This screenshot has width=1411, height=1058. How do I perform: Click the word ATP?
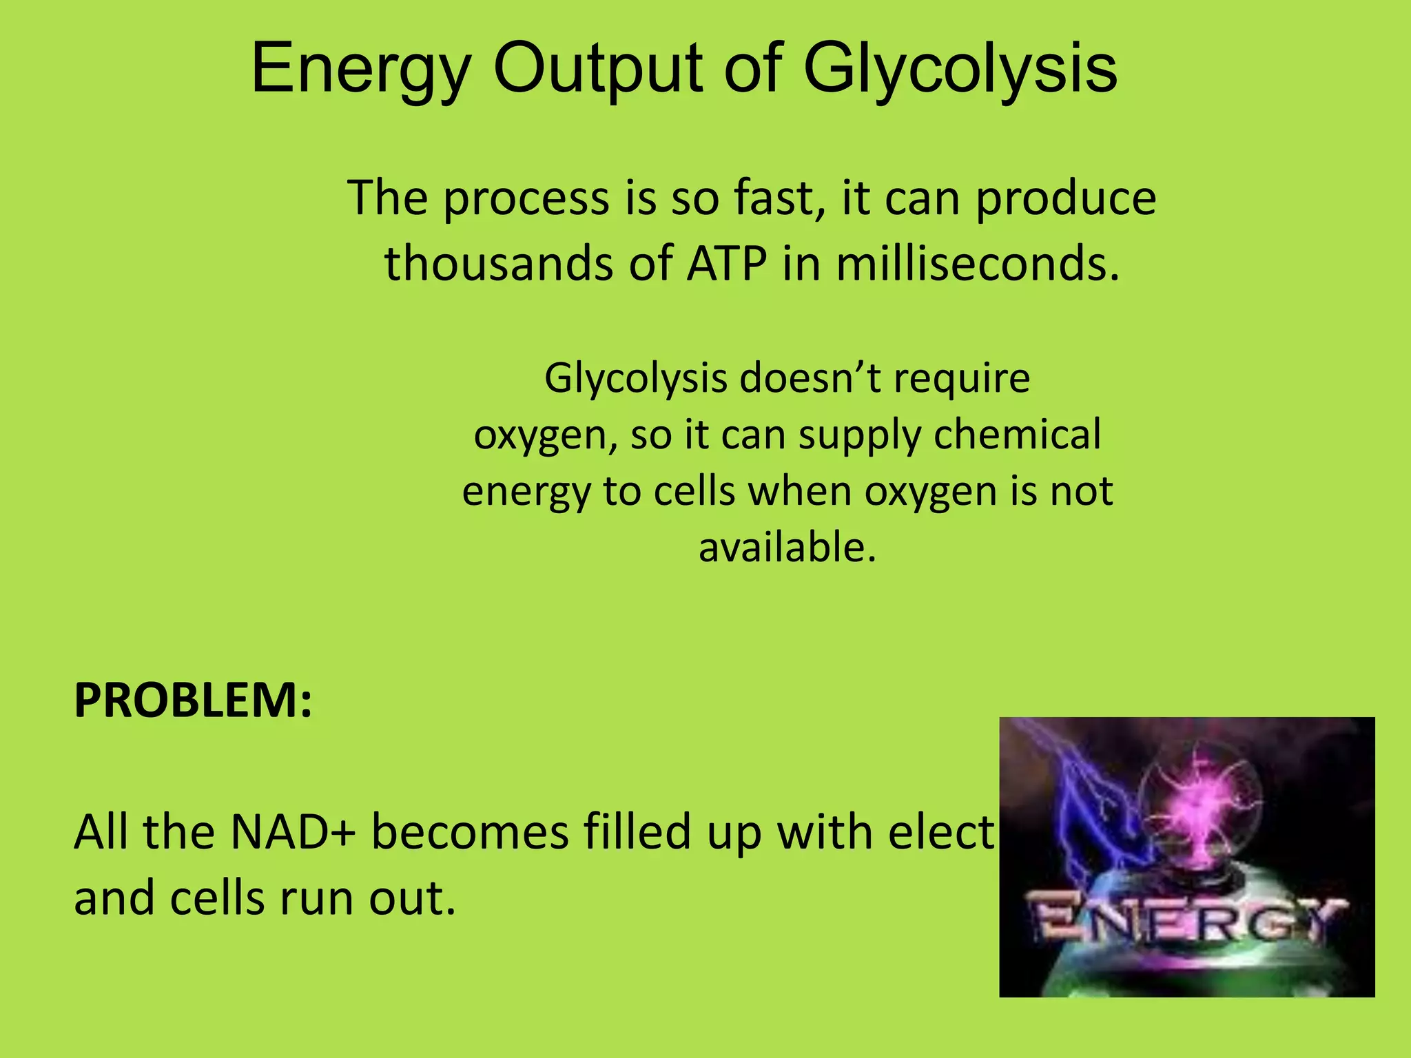click(726, 264)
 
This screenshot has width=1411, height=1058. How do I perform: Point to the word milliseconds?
click(978, 264)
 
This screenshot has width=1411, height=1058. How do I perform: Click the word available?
click(787, 548)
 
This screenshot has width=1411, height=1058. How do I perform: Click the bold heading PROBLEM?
click(194, 701)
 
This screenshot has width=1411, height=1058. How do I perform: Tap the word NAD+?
click(292, 832)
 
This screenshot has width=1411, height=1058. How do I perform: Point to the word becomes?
click(471, 832)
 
